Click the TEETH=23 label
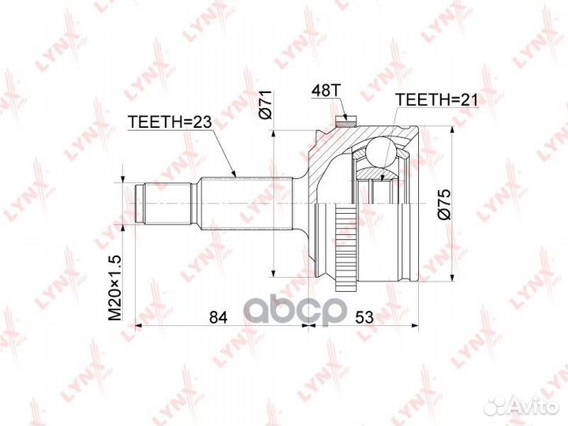tap(170, 122)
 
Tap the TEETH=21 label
tap(437, 99)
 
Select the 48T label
tap(326, 91)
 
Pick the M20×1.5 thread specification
tap(115, 288)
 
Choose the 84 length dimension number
tap(218, 317)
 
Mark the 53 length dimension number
tap(364, 317)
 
